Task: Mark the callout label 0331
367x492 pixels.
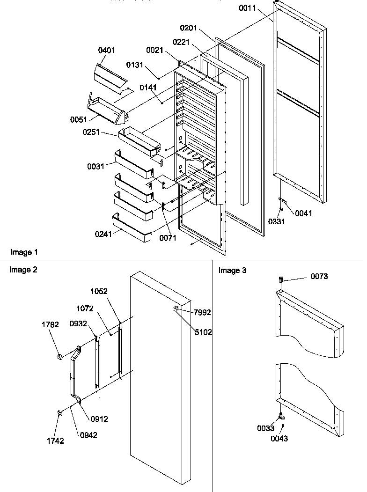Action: coord(276,222)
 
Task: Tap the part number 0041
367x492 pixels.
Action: coord(303,213)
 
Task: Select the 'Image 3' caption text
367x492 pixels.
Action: coord(233,270)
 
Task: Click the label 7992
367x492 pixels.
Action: coord(203,312)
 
